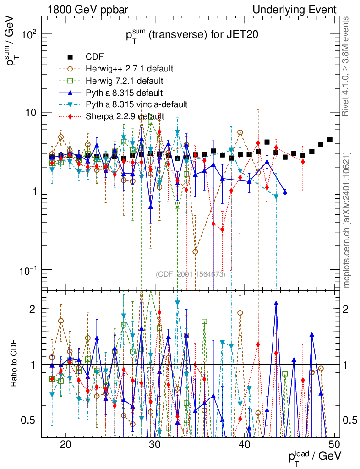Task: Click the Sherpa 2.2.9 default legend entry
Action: click(125, 116)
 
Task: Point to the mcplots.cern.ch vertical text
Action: click(347, 220)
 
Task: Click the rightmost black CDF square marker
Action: click(330, 140)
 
